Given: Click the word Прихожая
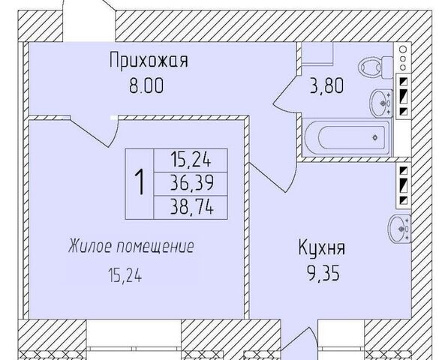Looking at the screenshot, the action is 149,60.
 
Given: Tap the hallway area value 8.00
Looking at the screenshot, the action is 146,85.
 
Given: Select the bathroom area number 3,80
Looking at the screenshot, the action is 327,86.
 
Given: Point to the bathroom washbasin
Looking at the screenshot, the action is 381,103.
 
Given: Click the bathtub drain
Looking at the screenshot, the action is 375,137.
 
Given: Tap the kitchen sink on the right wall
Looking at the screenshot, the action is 399,229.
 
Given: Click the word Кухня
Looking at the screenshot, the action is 322,247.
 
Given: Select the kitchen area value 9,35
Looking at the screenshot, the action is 323,274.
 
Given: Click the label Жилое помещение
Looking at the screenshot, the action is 131,247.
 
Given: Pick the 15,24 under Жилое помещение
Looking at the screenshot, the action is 125,276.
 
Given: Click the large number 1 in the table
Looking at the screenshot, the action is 140,184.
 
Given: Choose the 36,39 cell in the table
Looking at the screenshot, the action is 191,184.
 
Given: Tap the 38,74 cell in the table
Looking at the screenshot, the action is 191,208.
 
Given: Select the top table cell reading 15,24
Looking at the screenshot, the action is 191,160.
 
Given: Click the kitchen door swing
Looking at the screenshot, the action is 273,178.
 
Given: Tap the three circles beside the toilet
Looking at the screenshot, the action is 403,58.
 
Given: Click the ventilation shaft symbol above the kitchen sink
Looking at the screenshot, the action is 404,186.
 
